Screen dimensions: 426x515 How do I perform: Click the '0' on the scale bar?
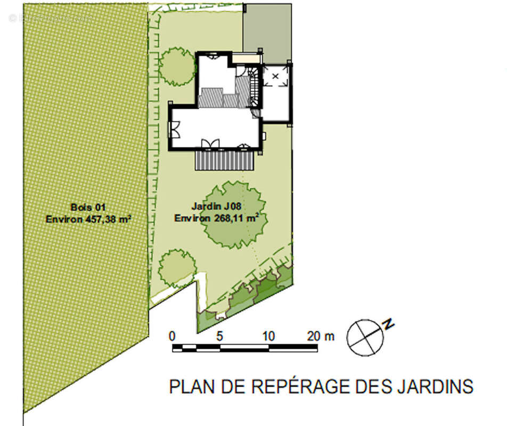[172, 337]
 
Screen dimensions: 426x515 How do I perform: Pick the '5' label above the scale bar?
[219, 337]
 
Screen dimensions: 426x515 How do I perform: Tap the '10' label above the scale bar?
[268, 337]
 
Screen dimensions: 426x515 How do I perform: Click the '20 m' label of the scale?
[321, 337]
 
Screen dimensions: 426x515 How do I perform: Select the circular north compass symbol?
[365, 337]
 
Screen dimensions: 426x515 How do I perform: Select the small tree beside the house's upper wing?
[177, 67]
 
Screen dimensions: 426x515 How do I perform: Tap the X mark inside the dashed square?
[275, 77]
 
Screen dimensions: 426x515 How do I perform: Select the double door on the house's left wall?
[174, 129]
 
